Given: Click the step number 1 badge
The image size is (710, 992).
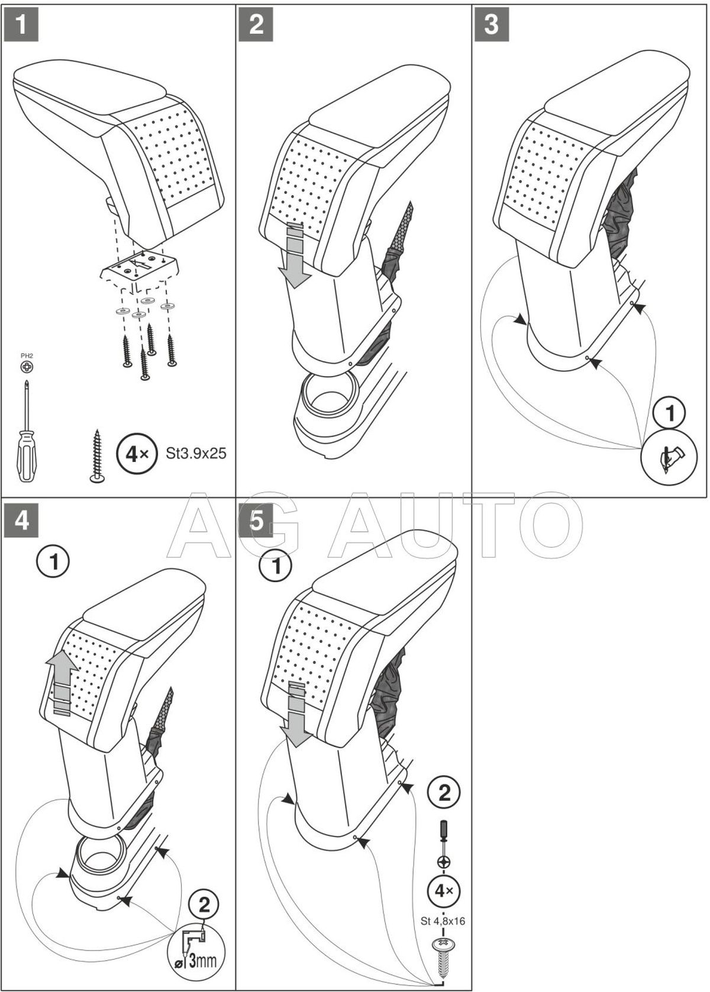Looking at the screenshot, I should click(x=21, y=25).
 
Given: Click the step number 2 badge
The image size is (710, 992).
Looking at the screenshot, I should click(x=256, y=25).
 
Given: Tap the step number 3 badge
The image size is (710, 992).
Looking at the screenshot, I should click(x=491, y=25).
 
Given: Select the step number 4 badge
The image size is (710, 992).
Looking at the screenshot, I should click(x=21, y=521).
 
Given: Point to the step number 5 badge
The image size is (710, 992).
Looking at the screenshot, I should click(x=256, y=521).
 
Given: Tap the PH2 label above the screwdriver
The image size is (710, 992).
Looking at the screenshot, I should click(x=27, y=356).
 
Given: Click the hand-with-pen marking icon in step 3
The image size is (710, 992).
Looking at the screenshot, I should click(x=670, y=457).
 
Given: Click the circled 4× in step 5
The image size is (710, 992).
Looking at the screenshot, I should click(x=444, y=890).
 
